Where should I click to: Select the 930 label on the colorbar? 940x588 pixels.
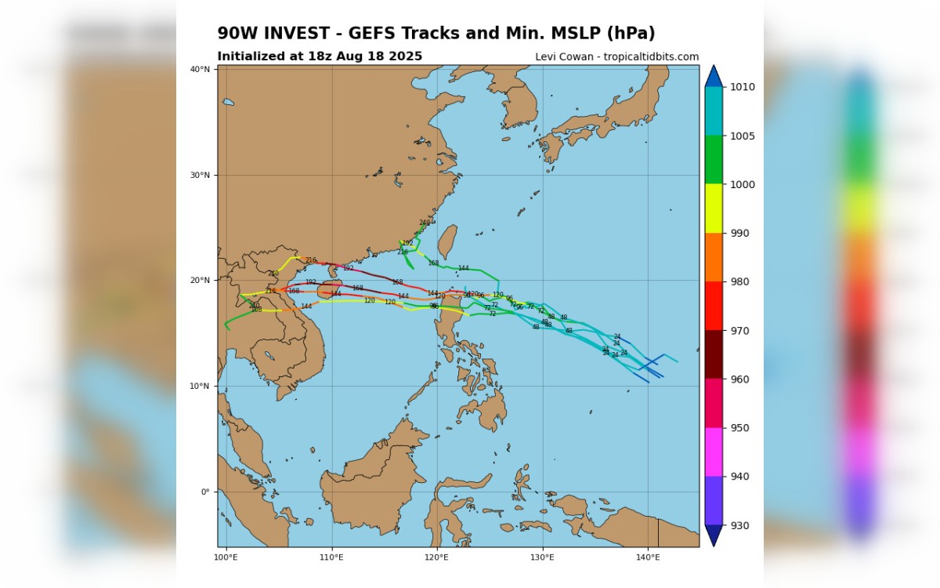click(743, 525)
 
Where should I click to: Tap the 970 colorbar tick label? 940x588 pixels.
click(743, 331)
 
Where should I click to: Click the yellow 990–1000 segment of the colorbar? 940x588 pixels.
click(713, 209)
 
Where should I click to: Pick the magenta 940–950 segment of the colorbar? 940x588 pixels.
click(713, 452)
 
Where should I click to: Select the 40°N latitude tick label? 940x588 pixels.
click(201, 70)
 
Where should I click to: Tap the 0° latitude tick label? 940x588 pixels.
click(205, 492)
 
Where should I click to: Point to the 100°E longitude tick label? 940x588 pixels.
click(226, 557)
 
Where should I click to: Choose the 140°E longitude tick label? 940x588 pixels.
click(647, 557)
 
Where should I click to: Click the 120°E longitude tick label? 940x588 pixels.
click(436, 557)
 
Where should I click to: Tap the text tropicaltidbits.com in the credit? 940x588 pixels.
click(651, 56)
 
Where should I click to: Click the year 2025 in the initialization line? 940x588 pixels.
click(406, 56)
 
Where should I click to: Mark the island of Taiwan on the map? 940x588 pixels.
click(446, 241)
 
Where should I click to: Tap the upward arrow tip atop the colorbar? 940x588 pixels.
click(713, 71)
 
